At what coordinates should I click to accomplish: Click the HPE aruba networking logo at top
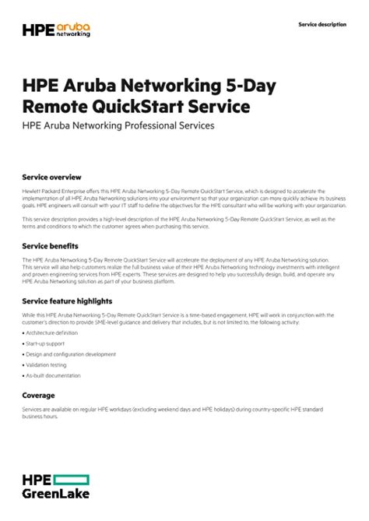55,30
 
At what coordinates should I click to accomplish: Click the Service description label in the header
322,24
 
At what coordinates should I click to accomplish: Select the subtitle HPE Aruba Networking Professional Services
118,125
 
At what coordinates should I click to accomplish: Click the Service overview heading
51,178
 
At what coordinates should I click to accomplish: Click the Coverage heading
38,395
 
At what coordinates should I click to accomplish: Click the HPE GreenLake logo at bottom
55,485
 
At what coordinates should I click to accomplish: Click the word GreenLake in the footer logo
55,494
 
